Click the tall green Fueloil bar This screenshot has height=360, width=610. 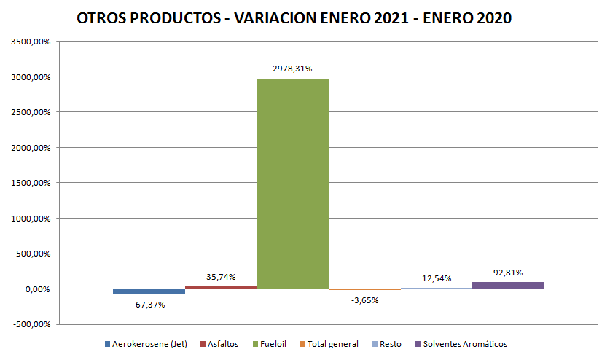pyautogui.click(x=292, y=182)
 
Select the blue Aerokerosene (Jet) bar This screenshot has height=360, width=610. pyautogui.click(x=149, y=291)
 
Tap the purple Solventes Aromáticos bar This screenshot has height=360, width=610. pyautogui.click(x=508, y=285)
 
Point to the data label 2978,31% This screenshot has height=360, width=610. pyautogui.click(x=292, y=69)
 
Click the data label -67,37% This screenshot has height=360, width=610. pyautogui.click(x=149, y=304)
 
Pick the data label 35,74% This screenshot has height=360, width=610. pyautogui.click(x=221, y=277)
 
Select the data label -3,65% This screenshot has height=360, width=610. pyautogui.click(x=364, y=300)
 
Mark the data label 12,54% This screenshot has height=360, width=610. pyautogui.click(x=437, y=278)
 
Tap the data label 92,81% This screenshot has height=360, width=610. pyautogui.click(x=508, y=273)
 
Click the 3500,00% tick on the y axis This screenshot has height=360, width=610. pyautogui.click(x=31, y=42)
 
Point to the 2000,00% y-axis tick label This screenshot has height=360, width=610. pyautogui.click(x=31, y=148)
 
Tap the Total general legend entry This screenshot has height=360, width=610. pyautogui.click(x=332, y=344)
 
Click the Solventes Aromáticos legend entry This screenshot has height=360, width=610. pyautogui.click(x=465, y=344)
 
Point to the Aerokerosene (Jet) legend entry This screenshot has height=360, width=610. pyautogui.click(x=150, y=344)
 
